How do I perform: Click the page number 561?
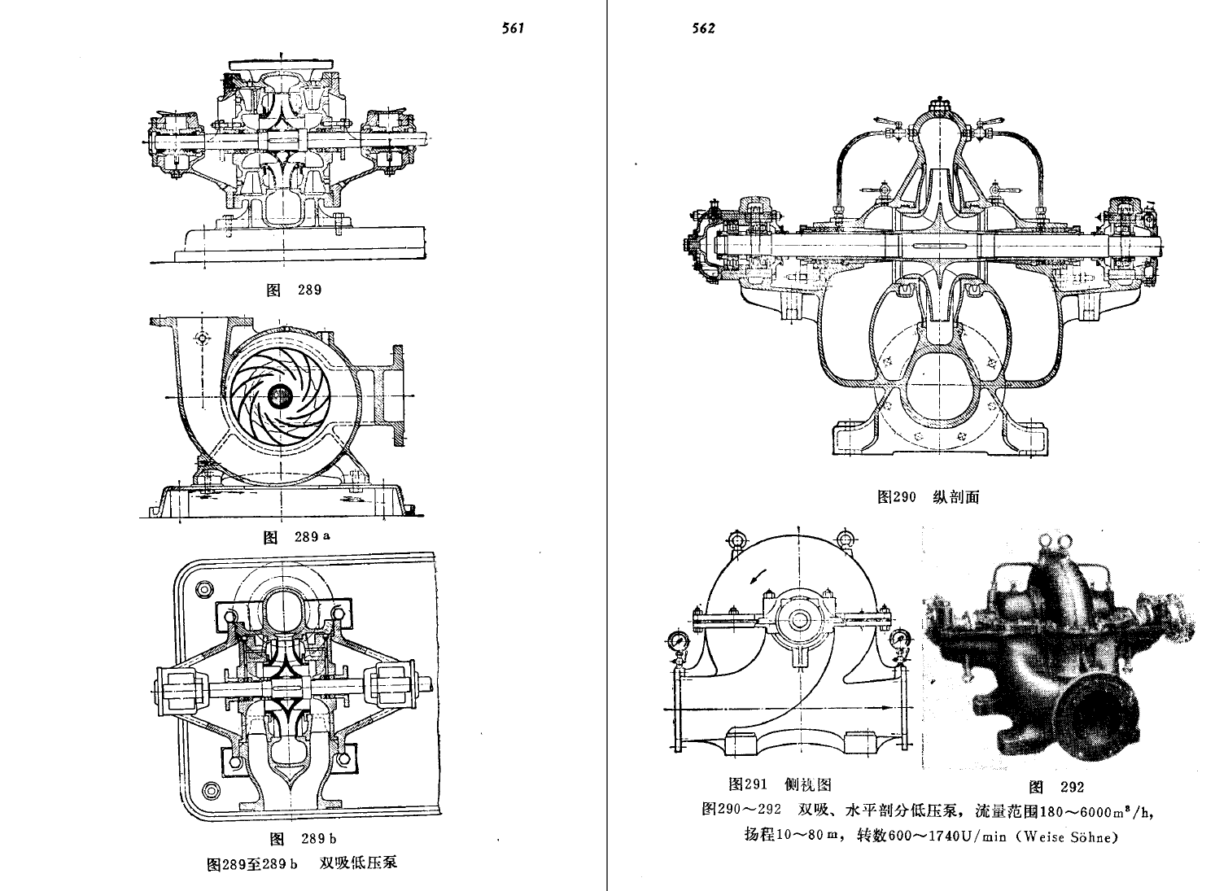click(x=513, y=28)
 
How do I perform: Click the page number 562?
click(x=704, y=28)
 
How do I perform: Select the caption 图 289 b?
click(x=302, y=839)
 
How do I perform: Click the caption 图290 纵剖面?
click(x=928, y=497)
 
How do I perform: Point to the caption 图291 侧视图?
click(x=780, y=784)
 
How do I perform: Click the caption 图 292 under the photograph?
click(x=1056, y=787)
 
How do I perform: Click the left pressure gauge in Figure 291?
click(x=677, y=642)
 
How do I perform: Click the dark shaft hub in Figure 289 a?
click(x=280, y=396)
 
